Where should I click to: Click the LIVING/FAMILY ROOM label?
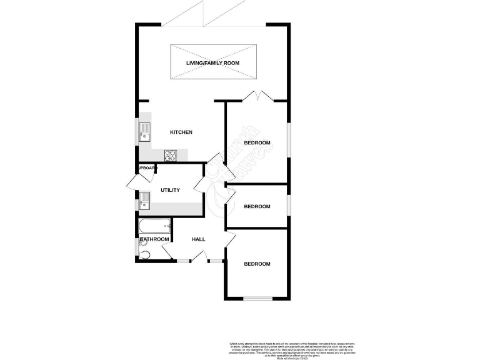tap(212, 63)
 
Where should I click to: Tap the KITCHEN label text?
tap(181, 132)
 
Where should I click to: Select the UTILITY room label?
tap(170, 190)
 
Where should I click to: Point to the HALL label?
tap(199, 239)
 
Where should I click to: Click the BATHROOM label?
tap(154, 239)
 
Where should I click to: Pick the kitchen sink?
tap(144, 132)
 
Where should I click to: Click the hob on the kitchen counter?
tap(171, 154)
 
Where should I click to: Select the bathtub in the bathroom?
tap(154, 226)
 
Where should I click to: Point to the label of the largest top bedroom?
tap(257, 143)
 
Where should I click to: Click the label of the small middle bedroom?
tap(257, 206)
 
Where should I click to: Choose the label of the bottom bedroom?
tap(257, 264)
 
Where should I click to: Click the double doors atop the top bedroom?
tap(257, 96)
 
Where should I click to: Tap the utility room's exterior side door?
tap(132, 181)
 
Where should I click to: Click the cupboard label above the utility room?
tap(147, 168)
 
